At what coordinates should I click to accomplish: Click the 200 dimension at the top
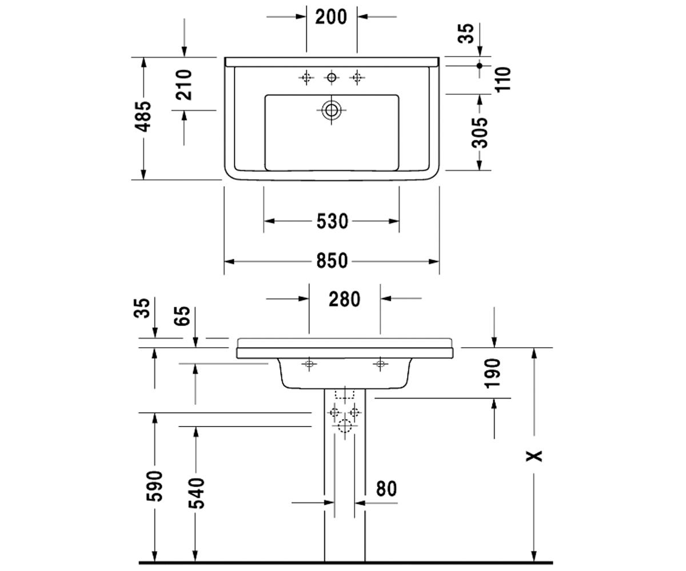(331, 17)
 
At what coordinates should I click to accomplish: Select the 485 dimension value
(144, 116)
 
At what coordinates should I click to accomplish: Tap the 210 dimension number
(184, 85)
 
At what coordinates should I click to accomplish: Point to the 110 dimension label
(503, 79)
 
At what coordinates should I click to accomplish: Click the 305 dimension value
(480, 132)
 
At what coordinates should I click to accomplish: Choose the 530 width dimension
(332, 221)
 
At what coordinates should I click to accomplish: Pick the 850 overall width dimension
(332, 261)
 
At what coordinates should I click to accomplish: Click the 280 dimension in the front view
(344, 299)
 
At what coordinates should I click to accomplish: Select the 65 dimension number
(182, 316)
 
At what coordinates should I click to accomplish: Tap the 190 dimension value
(493, 373)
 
